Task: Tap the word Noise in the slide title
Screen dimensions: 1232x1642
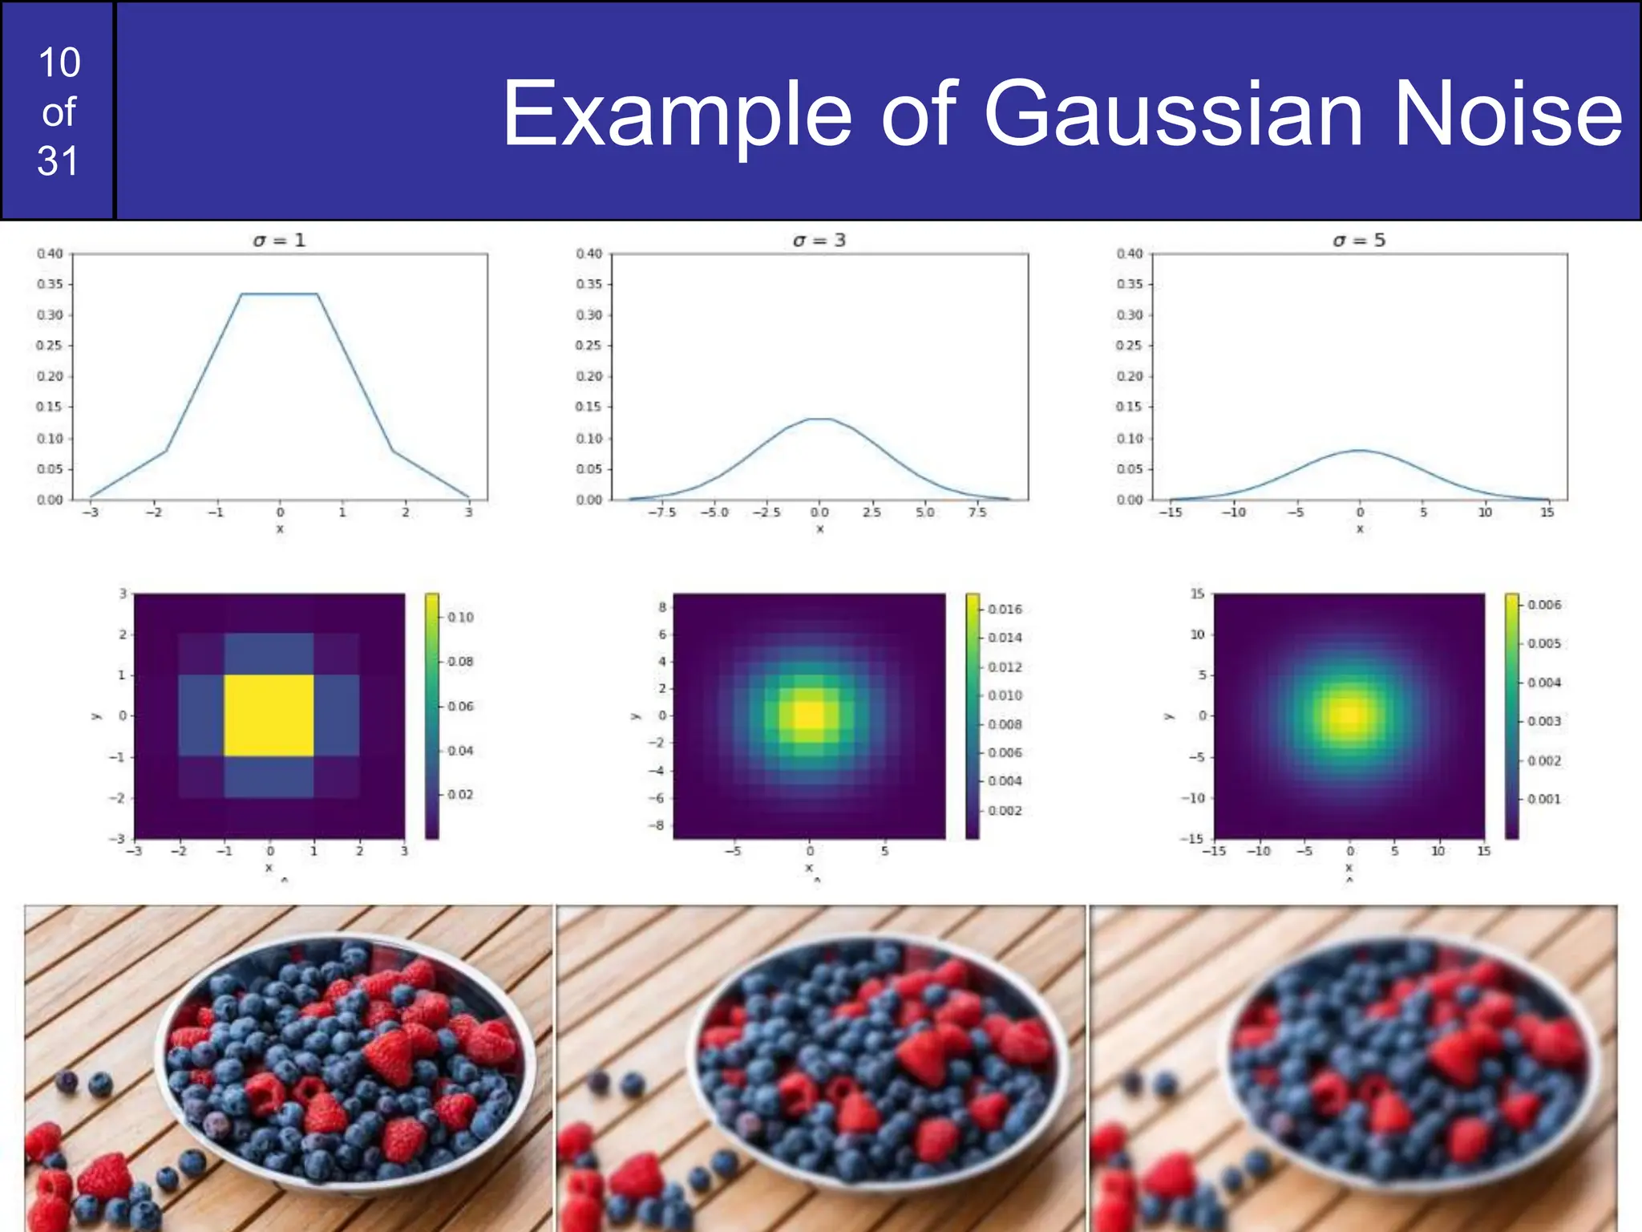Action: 1508,115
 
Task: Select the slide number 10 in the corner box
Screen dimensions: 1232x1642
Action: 59,63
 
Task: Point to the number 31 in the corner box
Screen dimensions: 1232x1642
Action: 58,161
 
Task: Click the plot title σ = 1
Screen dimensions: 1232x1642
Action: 279,240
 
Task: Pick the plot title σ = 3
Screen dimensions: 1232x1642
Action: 819,240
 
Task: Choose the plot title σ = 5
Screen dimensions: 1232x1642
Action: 1359,240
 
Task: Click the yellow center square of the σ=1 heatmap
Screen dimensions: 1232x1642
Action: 269,715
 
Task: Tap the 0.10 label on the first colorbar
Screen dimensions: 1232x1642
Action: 460,617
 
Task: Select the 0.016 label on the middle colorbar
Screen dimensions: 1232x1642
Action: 1005,609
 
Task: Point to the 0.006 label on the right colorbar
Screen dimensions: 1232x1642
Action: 1544,604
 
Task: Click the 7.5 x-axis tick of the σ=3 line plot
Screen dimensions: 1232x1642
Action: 977,513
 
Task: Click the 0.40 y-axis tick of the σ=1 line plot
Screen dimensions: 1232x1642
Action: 50,253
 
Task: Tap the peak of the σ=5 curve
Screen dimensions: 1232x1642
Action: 1360,450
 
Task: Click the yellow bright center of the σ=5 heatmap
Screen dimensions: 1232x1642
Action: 1349,715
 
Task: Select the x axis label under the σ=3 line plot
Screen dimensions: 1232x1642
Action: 819,529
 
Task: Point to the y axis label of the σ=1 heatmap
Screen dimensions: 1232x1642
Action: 96,715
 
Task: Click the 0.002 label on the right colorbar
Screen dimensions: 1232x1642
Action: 1544,760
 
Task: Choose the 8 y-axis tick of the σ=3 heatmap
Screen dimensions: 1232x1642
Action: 662,607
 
